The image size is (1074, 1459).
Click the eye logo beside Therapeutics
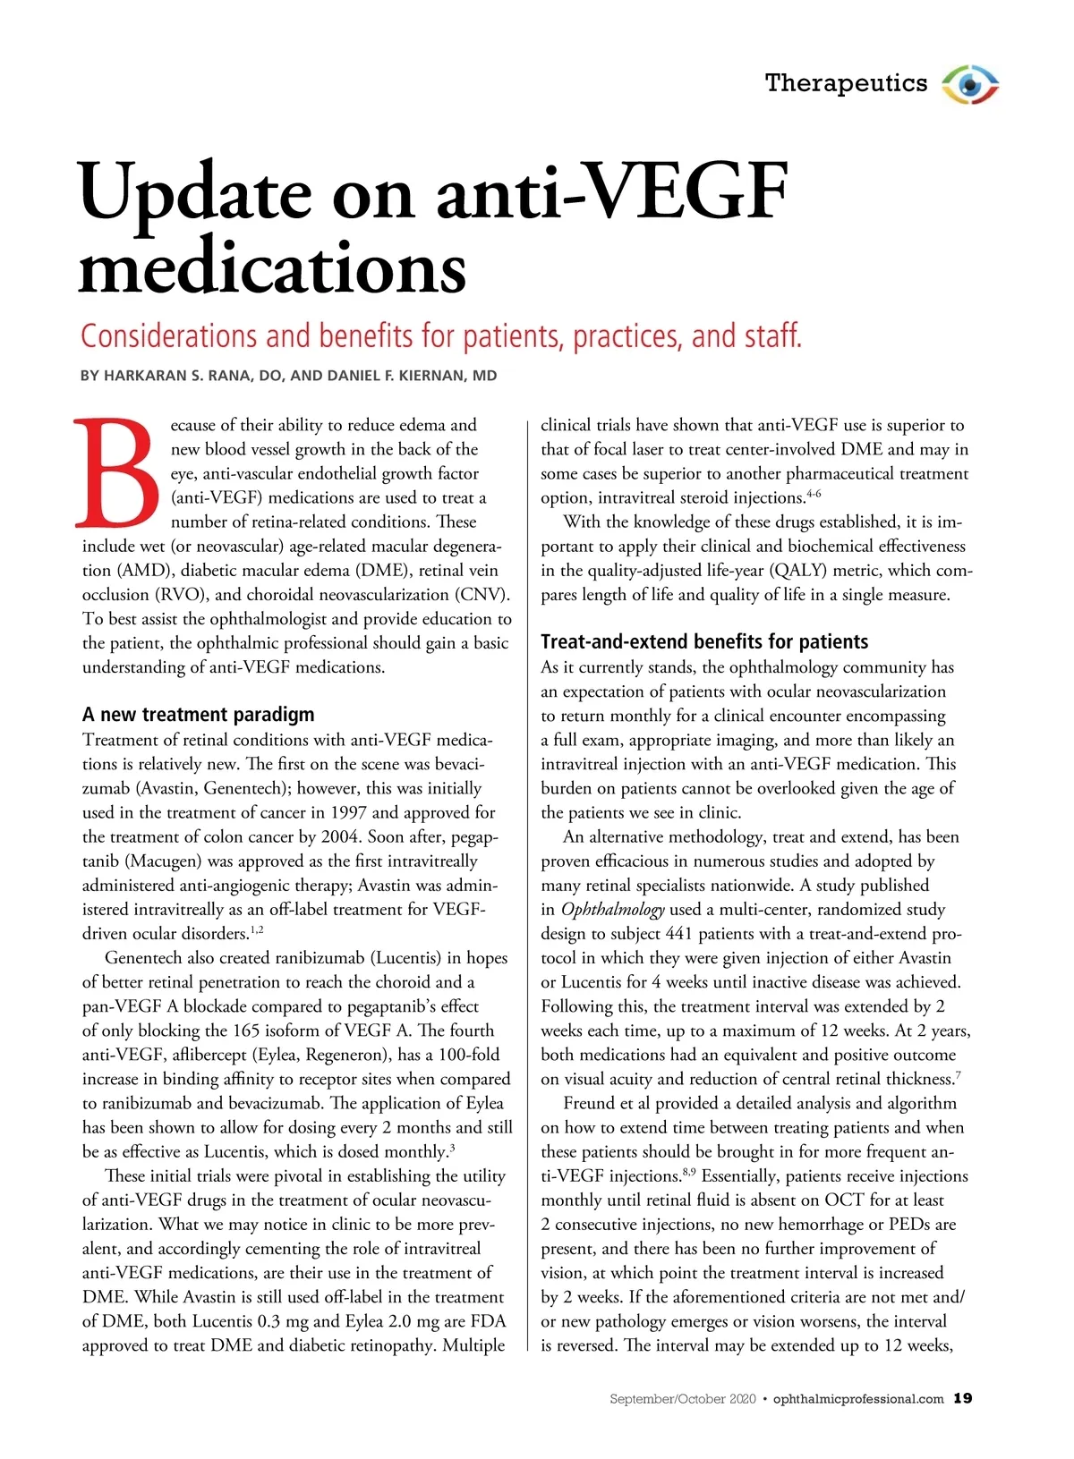(x=970, y=85)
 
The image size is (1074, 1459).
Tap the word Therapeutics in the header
(x=847, y=83)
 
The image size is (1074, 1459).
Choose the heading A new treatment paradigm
(x=198, y=714)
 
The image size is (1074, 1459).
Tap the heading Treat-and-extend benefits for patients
(x=704, y=641)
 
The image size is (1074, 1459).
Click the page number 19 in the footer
(x=962, y=1398)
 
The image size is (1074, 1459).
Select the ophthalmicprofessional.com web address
(x=857, y=1399)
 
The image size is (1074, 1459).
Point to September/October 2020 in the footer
(x=682, y=1399)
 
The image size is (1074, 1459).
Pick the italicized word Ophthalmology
(x=612, y=910)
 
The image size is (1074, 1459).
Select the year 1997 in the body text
(x=348, y=813)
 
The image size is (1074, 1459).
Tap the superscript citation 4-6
(x=814, y=493)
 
